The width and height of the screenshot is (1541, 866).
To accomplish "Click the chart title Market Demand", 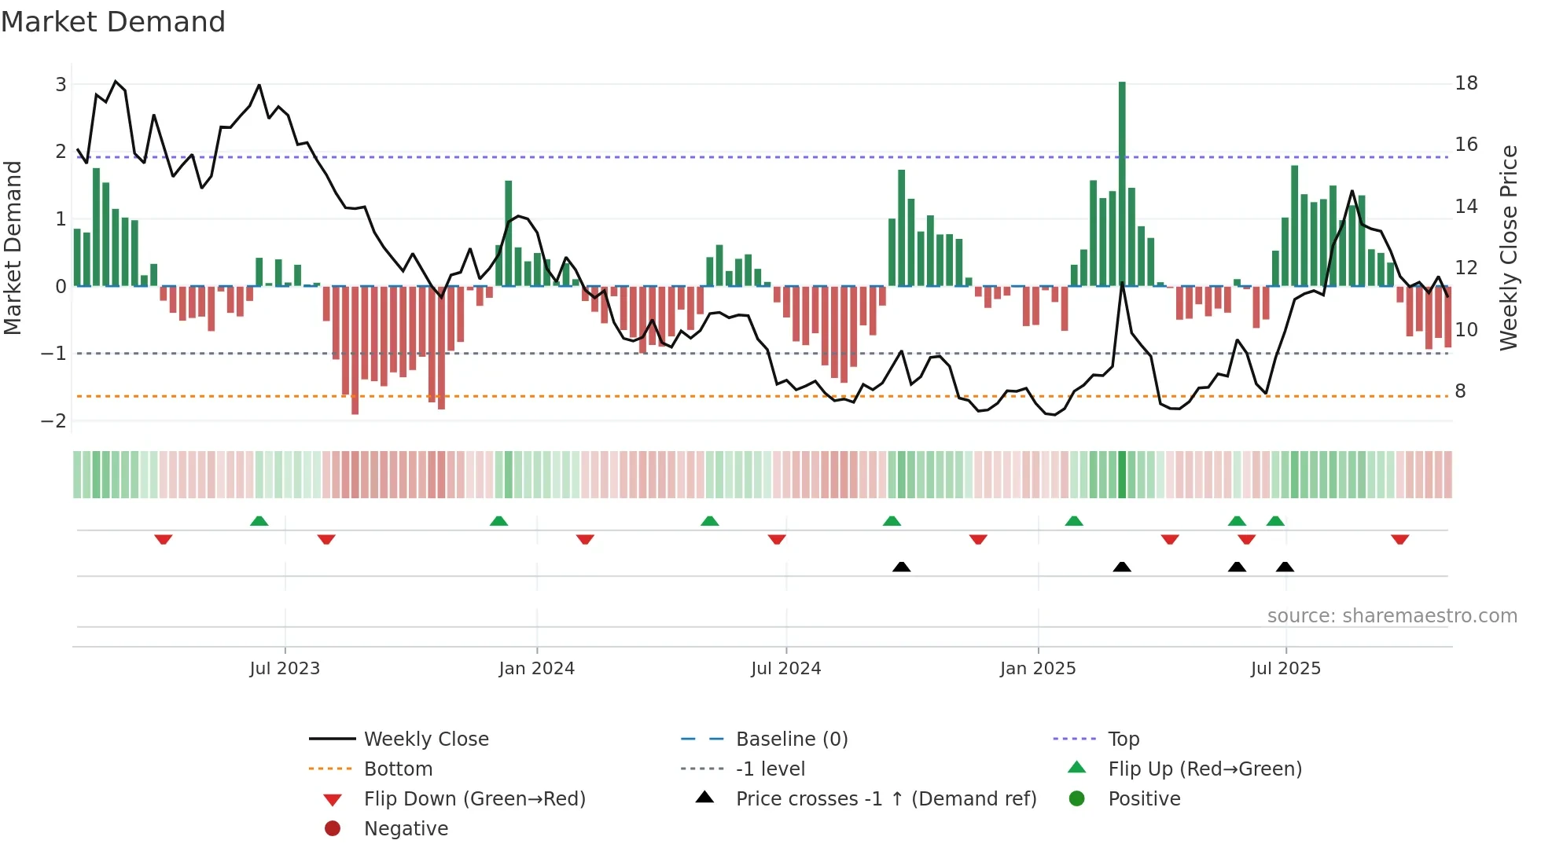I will (x=113, y=22).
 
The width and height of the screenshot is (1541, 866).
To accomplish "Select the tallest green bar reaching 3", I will (x=1122, y=181).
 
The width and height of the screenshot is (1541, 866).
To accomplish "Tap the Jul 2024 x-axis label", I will (x=785, y=669).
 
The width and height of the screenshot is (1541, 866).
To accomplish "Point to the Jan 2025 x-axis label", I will (x=1037, y=669).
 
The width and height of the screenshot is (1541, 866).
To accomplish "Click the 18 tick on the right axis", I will (x=1466, y=83).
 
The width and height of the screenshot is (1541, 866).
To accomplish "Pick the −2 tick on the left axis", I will (x=54, y=420).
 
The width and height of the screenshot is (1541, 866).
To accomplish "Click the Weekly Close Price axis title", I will (x=1508, y=248).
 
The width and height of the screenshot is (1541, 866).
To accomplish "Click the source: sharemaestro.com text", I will (x=1392, y=615).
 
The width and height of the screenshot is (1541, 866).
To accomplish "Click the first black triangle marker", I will (x=902, y=567).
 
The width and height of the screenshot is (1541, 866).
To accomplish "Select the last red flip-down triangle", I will (x=1399, y=539).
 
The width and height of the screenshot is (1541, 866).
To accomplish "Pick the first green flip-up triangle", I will (x=259, y=520).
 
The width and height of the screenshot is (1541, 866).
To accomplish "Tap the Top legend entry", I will (x=1123, y=739).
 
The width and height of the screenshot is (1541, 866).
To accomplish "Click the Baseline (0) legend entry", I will (x=791, y=739).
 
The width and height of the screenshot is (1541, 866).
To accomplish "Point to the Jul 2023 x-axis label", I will (x=285, y=669).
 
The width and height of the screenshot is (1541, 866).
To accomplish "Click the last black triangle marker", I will (x=1285, y=567).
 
